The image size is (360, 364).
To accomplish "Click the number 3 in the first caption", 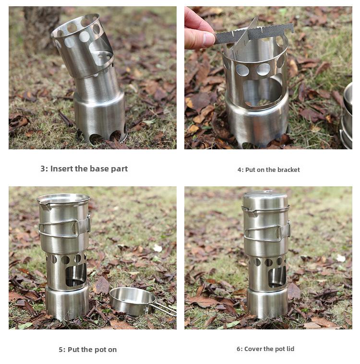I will click(x=43, y=169).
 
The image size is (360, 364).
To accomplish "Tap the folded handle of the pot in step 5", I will click(x=60, y=229).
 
